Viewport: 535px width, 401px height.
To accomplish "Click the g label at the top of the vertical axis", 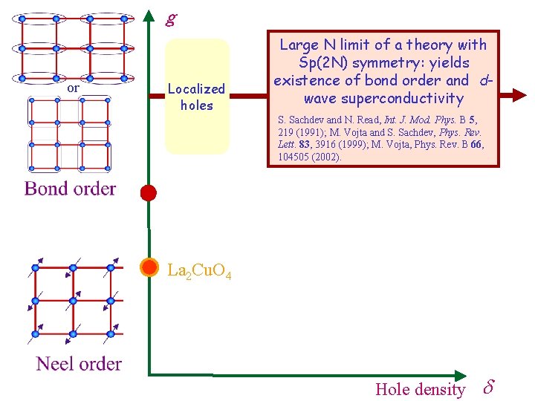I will [172, 18].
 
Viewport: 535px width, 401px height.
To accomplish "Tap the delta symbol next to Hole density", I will [488, 388].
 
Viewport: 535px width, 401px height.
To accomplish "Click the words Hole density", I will [420, 389].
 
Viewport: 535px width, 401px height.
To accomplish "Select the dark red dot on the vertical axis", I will [149, 193].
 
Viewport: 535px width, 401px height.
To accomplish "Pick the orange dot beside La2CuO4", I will [149, 267].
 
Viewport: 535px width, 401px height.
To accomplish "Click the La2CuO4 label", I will [199, 272].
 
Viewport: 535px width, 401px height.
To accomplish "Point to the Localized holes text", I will [196, 97].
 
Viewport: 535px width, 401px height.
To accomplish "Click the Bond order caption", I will [70, 189].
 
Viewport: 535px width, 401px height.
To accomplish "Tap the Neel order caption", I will [78, 364].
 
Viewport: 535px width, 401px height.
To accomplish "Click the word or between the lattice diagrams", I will [73, 88].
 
